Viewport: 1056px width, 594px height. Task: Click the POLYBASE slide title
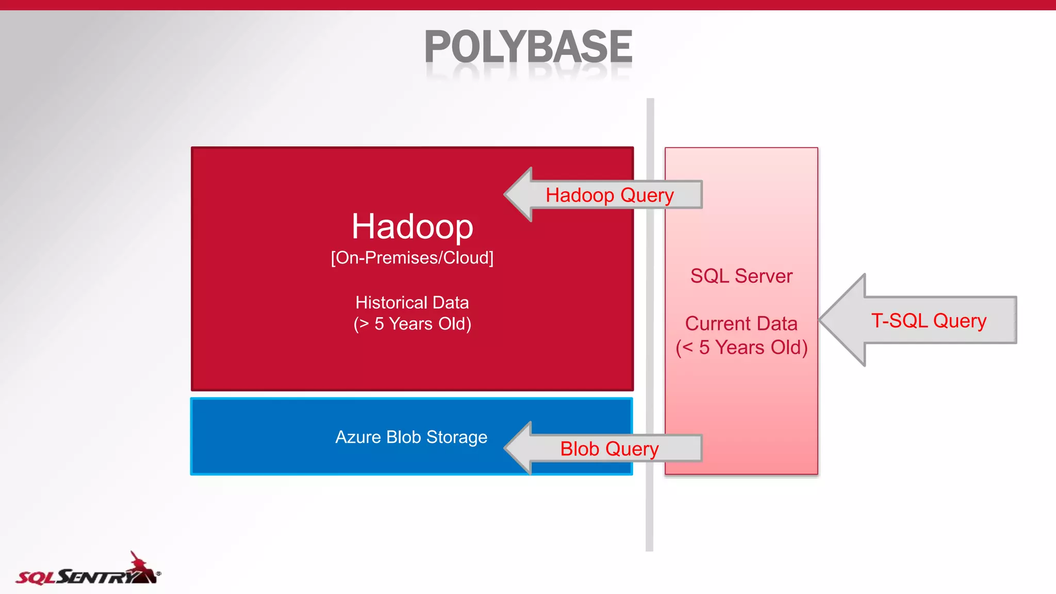coord(528,47)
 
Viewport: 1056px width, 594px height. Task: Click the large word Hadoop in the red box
coord(412,226)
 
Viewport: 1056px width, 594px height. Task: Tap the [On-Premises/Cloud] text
coord(412,257)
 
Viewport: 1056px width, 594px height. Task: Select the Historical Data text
coord(412,302)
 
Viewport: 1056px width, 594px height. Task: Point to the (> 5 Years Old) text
coord(412,324)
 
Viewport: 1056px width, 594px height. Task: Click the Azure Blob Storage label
coord(411,437)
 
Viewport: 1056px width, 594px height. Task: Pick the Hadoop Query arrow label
coord(609,195)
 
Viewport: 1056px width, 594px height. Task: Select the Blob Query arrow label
coord(609,449)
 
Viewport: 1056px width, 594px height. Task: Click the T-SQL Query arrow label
coord(929,321)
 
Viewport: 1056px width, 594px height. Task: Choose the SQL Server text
coord(741,276)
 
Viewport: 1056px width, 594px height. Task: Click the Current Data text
coord(741,323)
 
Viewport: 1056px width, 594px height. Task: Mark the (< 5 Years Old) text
coord(741,348)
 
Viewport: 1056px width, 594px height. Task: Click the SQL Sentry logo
coord(88,572)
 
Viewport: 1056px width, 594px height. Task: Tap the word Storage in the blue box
coord(456,437)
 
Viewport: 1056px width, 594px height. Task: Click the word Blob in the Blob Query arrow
coord(580,449)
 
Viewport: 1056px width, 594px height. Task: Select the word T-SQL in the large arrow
coord(899,321)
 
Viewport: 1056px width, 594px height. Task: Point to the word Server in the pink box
coord(763,276)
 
